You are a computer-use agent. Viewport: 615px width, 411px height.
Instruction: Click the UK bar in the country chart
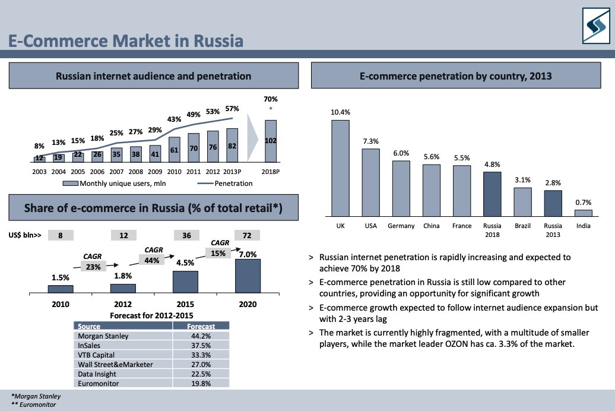tap(340, 167)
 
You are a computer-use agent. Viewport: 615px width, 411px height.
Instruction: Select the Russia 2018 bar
tap(492, 194)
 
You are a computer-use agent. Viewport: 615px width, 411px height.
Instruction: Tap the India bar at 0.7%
tap(584, 212)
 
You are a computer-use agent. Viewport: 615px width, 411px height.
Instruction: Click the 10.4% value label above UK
tap(340, 112)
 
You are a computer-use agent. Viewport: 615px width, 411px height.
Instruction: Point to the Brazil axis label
tap(522, 226)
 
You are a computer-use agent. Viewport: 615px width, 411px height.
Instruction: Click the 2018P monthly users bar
tap(271, 141)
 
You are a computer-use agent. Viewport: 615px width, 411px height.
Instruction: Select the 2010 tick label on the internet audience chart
tap(174, 171)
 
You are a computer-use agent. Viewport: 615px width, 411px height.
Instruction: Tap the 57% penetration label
tap(232, 109)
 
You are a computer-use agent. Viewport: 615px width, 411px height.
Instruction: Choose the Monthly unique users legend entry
tap(118, 184)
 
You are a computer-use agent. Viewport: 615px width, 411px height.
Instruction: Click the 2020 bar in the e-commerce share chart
tap(248, 276)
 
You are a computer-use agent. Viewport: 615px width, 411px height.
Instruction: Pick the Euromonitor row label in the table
tap(98, 383)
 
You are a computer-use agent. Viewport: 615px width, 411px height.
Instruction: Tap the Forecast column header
tap(201, 326)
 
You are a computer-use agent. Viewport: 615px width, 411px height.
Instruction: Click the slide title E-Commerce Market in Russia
tap(126, 41)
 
